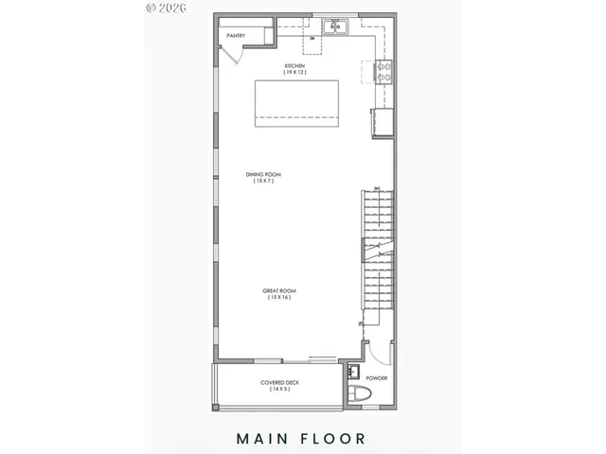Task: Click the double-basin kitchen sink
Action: pyautogui.click(x=335, y=27)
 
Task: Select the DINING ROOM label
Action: pyautogui.click(x=263, y=174)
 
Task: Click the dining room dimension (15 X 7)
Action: pyautogui.click(x=263, y=181)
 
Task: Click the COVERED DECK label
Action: pyautogui.click(x=279, y=382)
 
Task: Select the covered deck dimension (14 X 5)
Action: pyautogui.click(x=279, y=389)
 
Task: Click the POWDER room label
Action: pyautogui.click(x=377, y=378)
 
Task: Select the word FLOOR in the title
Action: pyautogui.click(x=329, y=438)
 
